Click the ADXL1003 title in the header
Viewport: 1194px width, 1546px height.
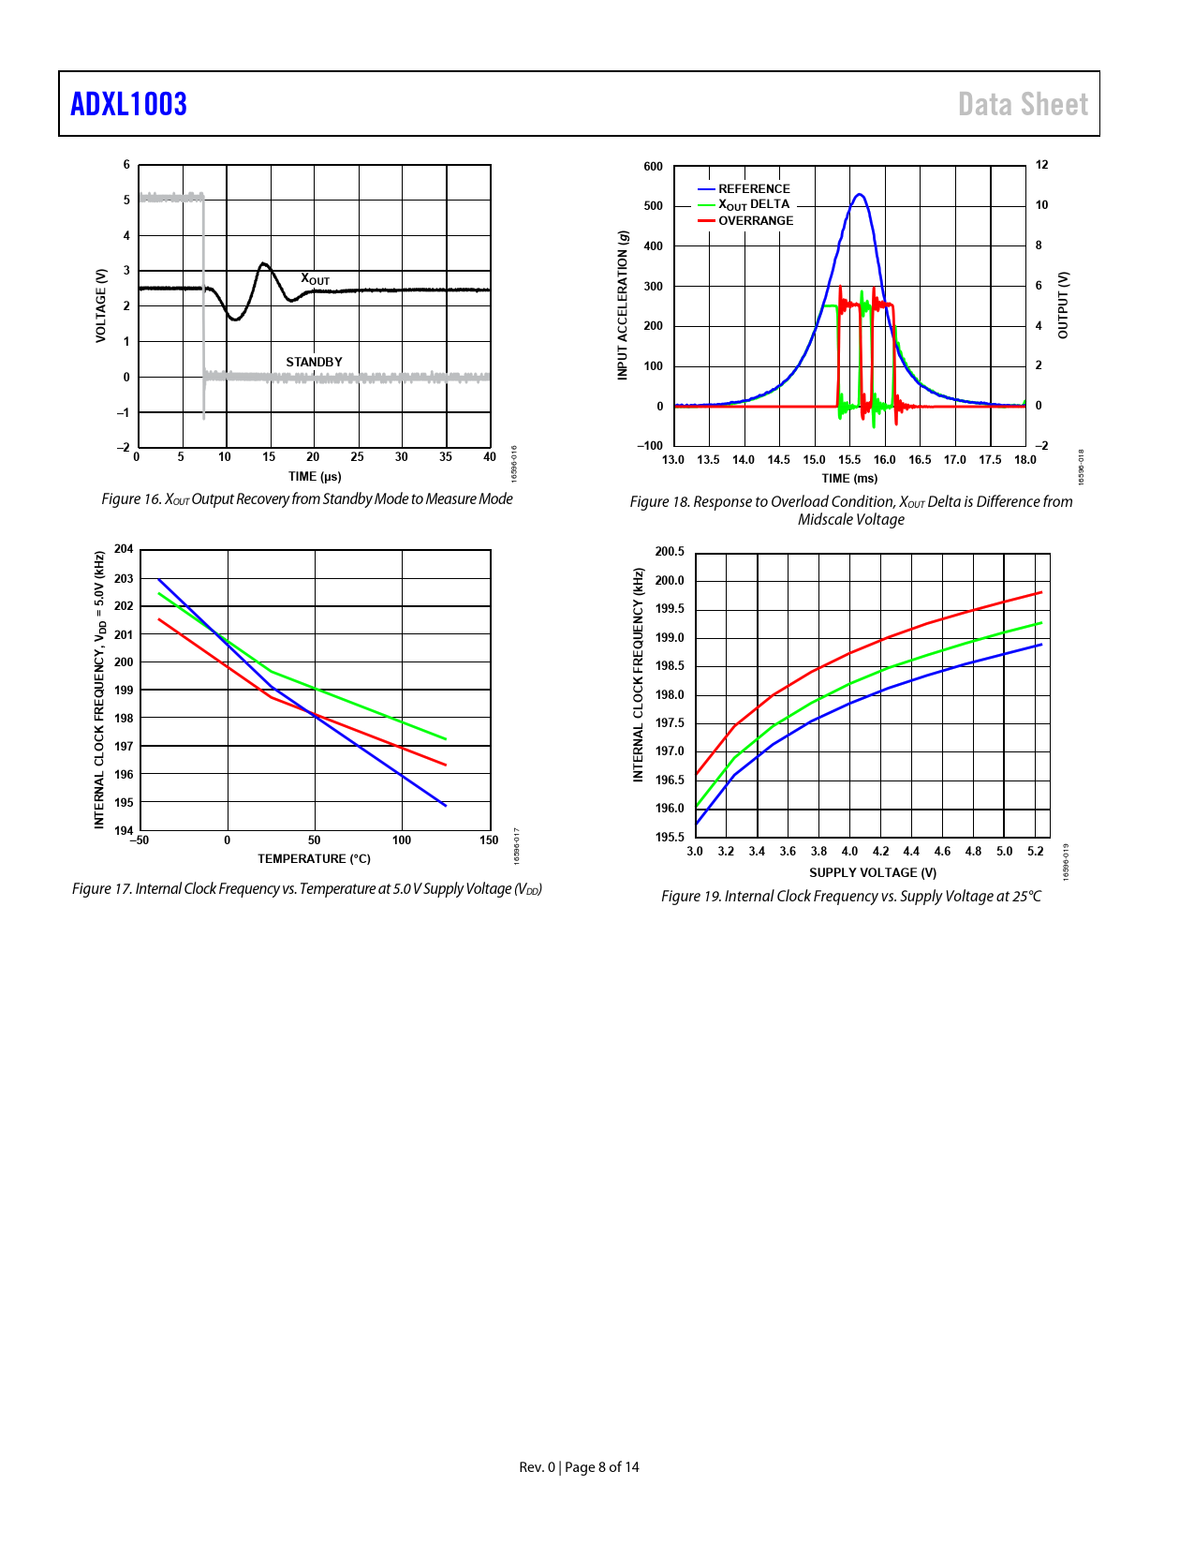128,104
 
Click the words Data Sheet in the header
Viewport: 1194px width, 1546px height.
1023,104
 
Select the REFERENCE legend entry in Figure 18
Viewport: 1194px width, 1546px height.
753,188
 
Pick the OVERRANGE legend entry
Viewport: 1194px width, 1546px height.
755,221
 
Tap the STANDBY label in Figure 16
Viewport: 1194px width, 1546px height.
314,362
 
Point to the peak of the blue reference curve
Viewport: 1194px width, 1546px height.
859,195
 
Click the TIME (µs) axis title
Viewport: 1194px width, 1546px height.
315,477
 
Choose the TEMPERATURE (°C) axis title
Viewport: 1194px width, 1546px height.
314,859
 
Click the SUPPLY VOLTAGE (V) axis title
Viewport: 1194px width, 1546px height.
873,873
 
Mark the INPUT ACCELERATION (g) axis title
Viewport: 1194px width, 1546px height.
623,305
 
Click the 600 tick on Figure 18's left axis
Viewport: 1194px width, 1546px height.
653,167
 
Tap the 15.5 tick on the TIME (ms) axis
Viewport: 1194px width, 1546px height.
849,460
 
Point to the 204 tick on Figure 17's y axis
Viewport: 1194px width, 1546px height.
124,549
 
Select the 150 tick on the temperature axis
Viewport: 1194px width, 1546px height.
489,840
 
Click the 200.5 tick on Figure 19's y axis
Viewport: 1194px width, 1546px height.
670,552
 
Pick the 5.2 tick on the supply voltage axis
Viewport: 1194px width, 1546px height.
1035,852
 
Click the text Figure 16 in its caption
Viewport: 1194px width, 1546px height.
130,499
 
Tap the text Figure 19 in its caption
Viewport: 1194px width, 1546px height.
690,897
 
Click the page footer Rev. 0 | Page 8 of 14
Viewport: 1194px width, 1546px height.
579,1467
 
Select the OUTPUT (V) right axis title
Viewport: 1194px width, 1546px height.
1063,305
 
